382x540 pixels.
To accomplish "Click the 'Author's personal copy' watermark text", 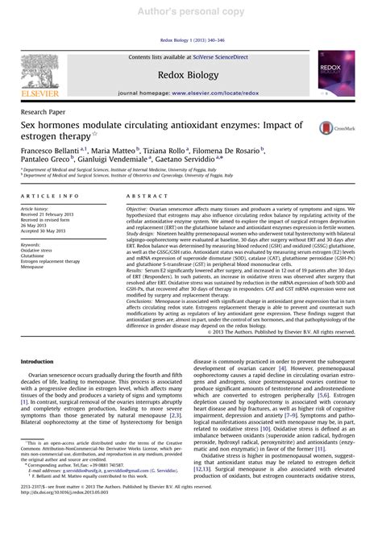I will tap(191, 10).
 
